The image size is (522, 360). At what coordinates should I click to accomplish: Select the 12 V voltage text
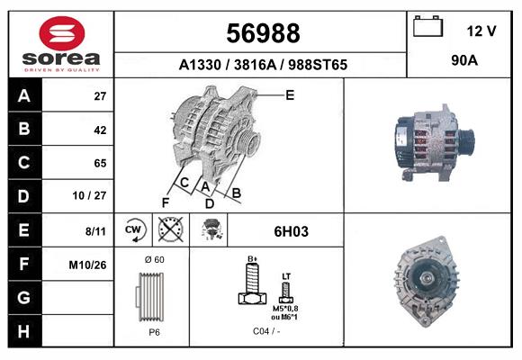pos(481,31)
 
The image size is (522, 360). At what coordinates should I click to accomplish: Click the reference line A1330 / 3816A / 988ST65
pos(263,66)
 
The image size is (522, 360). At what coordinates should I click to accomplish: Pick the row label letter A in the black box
pos(24,95)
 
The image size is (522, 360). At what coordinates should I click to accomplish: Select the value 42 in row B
pos(101,129)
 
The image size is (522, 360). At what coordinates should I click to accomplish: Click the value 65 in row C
pos(101,163)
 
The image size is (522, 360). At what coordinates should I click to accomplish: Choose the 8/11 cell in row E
pos(95,231)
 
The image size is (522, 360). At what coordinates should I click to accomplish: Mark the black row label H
pos(24,331)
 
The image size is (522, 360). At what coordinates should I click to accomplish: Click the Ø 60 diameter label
pos(153,260)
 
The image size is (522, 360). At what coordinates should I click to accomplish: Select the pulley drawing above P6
pos(152,296)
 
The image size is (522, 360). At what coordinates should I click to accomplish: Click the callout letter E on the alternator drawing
pos(290,94)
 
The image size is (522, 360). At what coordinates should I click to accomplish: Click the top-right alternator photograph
pos(432,144)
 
